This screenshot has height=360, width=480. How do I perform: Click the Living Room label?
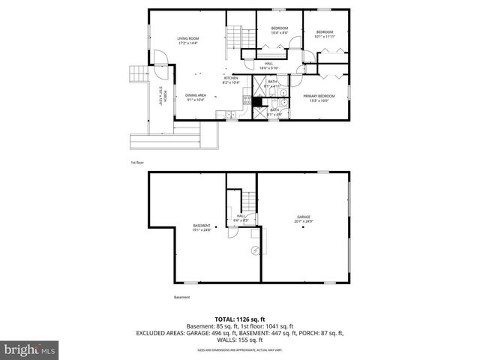[187, 40]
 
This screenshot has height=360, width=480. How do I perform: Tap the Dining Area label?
[196, 97]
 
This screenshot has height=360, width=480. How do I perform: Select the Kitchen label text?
[230, 80]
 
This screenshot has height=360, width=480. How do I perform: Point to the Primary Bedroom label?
[318, 97]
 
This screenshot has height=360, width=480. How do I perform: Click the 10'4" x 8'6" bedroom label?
[279, 31]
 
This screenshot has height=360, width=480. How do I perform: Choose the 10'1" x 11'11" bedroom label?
[324, 34]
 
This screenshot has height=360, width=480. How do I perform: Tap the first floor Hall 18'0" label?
[268, 66]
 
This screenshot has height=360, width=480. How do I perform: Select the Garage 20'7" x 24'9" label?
[304, 220]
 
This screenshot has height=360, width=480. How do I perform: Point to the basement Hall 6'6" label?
[241, 218]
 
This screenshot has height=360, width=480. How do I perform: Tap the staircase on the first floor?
[238, 35]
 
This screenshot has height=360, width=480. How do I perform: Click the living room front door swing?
[160, 60]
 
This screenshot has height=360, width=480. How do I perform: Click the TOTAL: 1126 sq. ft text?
[239, 319]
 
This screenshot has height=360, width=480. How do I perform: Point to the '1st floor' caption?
[136, 162]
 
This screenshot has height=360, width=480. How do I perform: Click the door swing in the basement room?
[234, 232]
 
